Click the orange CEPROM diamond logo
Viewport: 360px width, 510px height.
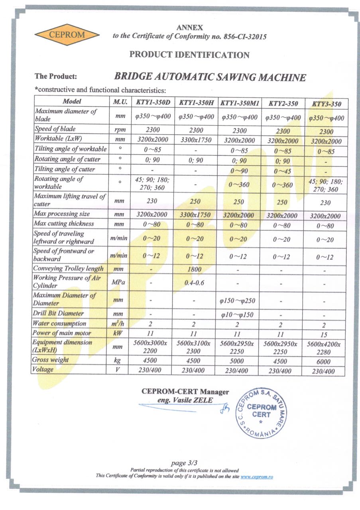67,34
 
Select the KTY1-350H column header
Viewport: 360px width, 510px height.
196,102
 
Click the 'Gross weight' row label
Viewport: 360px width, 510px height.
51,360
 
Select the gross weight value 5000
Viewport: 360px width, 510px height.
239,361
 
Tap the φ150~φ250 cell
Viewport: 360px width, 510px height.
239,300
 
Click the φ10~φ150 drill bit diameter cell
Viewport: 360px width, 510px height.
239,314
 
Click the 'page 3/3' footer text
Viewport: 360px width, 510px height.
184,463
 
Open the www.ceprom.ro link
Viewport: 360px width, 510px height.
257,476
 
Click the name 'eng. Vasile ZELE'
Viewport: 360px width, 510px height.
185,400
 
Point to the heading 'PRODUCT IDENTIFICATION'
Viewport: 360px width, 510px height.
189,55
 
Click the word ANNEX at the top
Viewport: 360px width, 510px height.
189,28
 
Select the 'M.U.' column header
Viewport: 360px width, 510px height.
120,102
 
